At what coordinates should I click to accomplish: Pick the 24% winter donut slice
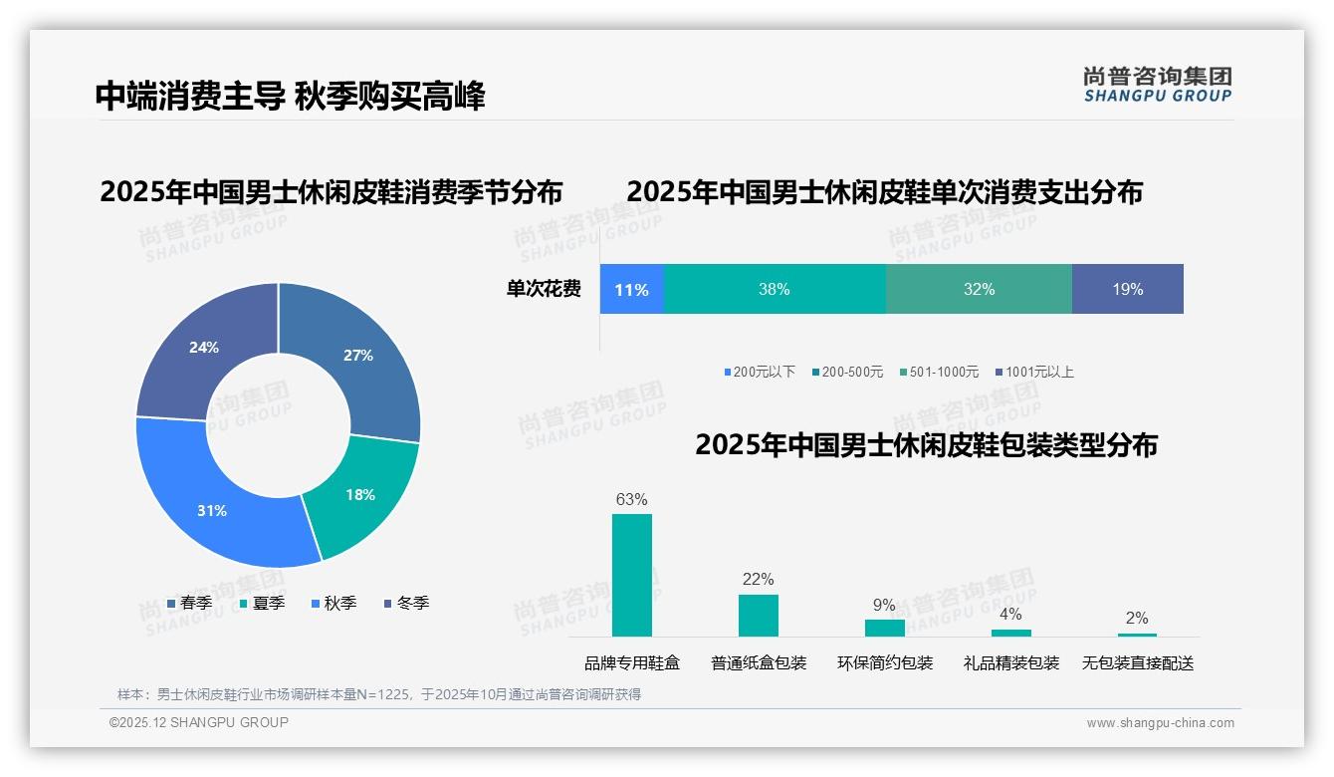tap(204, 349)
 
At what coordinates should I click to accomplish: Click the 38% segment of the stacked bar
tap(775, 289)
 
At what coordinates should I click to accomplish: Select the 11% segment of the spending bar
tap(631, 289)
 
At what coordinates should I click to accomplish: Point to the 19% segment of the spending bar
tap(1128, 289)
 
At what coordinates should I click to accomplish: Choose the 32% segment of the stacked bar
tap(979, 289)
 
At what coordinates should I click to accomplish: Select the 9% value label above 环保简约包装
tap(884, 605)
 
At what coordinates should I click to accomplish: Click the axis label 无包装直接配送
tap(1138, 662)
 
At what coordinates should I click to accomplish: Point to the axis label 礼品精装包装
tap(1011, 662)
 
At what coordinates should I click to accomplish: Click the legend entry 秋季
tap(333, 603)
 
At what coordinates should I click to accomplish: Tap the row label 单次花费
tap(544, 289)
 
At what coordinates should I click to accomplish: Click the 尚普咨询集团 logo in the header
tap(1157, 84)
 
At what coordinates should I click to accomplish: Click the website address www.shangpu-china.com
tap(1160, 722)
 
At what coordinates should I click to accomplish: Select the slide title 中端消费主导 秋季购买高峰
tap(290, 97)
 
